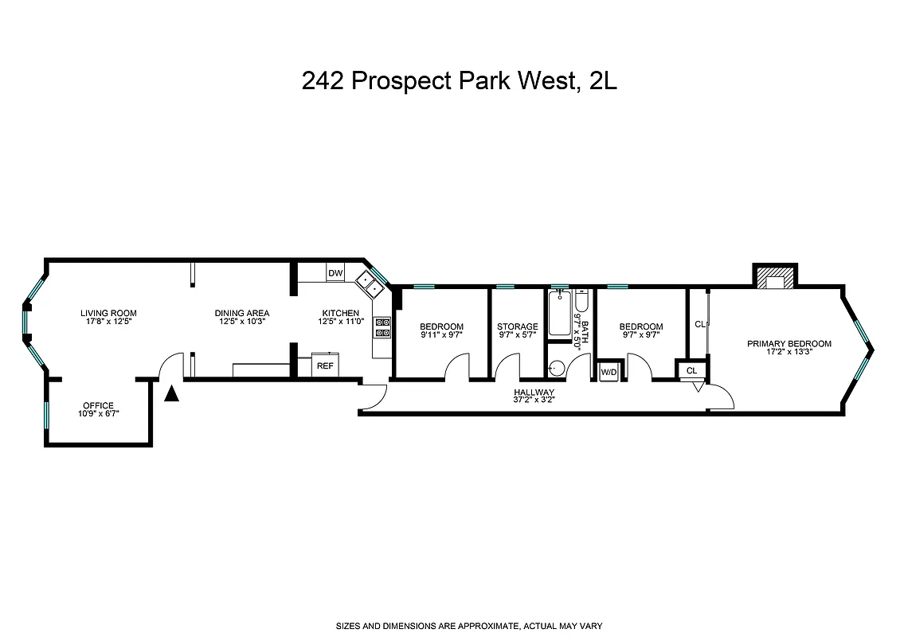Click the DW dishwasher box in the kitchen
335,273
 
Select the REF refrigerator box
324,365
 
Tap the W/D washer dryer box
608,372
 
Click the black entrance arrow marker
171,392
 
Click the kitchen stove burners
382,328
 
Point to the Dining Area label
242,313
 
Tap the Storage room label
517,326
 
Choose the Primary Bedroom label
788,344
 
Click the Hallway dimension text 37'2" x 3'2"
534,401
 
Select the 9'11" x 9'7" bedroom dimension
441,336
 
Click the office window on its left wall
46,412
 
